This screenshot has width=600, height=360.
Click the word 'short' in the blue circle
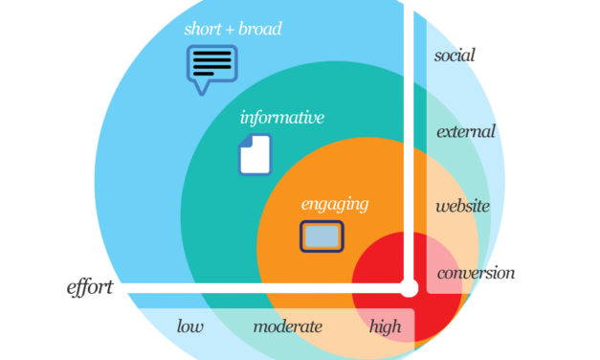(203, 29)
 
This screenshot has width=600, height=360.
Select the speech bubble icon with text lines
(211, 67)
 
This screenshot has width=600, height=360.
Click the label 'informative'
(281, 118)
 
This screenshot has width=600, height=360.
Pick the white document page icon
(255, 155)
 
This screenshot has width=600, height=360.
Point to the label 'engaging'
(334, 204)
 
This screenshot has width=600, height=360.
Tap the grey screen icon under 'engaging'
(322, 236)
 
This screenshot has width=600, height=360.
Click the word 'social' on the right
(455, 55)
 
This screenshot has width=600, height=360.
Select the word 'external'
(466, 131)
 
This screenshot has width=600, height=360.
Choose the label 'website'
(462, 206)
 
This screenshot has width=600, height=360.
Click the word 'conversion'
(476, 273)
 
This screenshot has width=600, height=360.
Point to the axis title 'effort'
(90, 286)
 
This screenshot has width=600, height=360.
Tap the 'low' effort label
(189, 326)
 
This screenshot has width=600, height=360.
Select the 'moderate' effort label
(287, 326)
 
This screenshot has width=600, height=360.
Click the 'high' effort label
(386, 326)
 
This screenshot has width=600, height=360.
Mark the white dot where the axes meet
(409, 287)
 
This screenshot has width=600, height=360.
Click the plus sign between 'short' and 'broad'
(231, 30)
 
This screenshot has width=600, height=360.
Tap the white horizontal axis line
(258, 287)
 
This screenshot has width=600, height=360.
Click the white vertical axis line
(409, 144)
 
